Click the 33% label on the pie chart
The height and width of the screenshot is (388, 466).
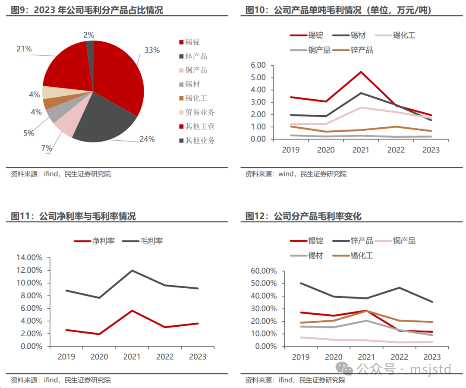[152, 50]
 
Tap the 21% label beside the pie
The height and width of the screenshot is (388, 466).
[24, 49]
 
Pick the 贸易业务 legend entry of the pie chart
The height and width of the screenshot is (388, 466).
[199, 112]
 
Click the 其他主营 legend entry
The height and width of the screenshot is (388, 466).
[199, 126]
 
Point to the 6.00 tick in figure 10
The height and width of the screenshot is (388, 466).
[258, 65]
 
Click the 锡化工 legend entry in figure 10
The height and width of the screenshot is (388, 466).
[403, 35]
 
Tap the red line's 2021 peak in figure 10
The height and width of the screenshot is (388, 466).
[361, 72]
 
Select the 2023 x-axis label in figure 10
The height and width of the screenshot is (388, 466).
[431, 150]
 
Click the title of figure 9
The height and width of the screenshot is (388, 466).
[87, 10]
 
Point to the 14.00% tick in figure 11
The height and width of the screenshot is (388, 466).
[29, 258]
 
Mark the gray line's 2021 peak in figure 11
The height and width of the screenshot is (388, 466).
[132, 271]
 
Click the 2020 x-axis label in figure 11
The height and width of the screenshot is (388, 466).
[99, 356]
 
